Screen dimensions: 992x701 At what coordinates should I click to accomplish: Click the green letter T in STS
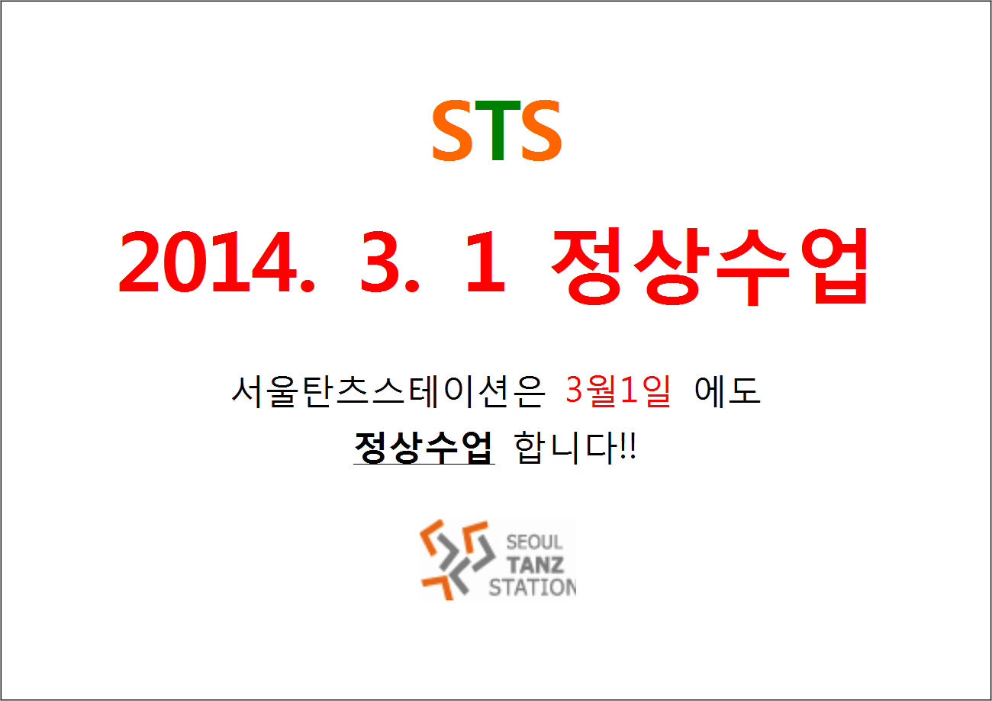pyautogui.click(x=498, y=130)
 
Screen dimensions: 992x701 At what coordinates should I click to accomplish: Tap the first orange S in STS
pyautogui.click(x=453, y=130)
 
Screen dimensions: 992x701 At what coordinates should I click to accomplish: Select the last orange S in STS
pyautogui.click(x=541, y=130)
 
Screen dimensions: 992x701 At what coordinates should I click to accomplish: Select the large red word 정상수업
pyautogui.click(x=709, y=266)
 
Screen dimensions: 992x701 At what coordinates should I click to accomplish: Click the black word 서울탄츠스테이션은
pyautogui.click(x=388, y=391)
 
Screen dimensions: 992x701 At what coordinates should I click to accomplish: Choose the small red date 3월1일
pyautogui.click(x=618, y=391)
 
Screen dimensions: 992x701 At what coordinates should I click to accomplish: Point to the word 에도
pyautogui.click(x=726, y=391)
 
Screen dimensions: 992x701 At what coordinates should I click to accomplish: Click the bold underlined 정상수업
pyautogui.click(x=424, y=448)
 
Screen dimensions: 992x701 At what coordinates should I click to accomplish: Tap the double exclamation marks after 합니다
pyautogui.click(x=629, y=446)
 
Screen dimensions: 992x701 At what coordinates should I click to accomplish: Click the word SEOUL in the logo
pyautogui.click(x=534, y=542)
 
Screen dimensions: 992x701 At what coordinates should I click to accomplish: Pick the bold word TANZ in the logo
pyautogui.click(x=536, y=565)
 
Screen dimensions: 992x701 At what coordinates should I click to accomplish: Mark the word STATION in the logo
pyautogui.click(x=533, y=587)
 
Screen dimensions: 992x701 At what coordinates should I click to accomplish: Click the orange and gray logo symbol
pyautogui.click(x=457, y=559)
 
